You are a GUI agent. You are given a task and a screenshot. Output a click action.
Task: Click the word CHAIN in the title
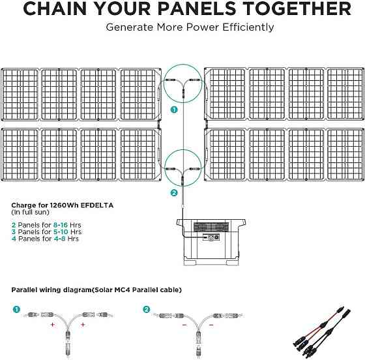point(55,8)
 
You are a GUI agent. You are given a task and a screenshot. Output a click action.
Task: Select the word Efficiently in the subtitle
point(248,27)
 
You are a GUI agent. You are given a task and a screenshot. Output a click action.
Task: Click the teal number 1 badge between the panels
point(174,110)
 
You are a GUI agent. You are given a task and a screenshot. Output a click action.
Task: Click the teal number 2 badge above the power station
point(174,193)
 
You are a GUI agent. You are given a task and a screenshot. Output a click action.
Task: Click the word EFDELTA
point(97,205)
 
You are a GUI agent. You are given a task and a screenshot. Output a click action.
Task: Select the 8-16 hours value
point(60,225)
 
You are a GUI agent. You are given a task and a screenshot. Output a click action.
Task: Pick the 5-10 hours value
point(61,232)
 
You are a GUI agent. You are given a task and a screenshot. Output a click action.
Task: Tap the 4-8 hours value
point(59,239)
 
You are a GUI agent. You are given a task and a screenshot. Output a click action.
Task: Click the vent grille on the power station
point(211,226)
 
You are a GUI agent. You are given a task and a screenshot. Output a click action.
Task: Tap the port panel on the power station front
point(211,237)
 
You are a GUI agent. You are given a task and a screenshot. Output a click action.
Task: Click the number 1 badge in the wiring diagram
point(16,310)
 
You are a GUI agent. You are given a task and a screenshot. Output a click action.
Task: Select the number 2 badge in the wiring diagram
point(147,310)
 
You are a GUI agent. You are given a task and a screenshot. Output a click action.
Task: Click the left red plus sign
point(53,324)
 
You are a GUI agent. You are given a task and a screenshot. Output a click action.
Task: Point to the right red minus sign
point(211,325)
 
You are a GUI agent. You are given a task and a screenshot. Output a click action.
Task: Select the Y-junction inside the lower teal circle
point(183,174)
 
